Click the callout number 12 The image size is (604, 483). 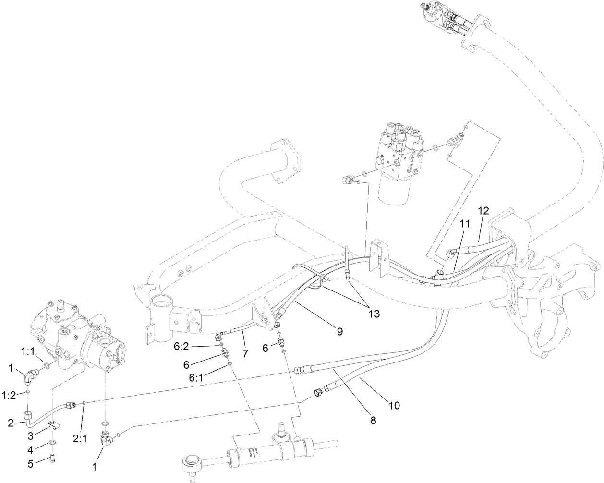pyautogui.click(x=483, y=210)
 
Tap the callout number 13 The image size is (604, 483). pyautogui.click(x=374, y=314)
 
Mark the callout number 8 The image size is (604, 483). pyautogui.click(x=373, y=420)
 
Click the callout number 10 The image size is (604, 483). pyautogui.click(x=394, y=406)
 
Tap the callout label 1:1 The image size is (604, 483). pyautogui.click(x=27, y=352)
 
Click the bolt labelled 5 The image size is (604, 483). pyautogui.click(x=52, y=459)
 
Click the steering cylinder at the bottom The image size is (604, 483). pyautogui.click(x=269, y=451)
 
